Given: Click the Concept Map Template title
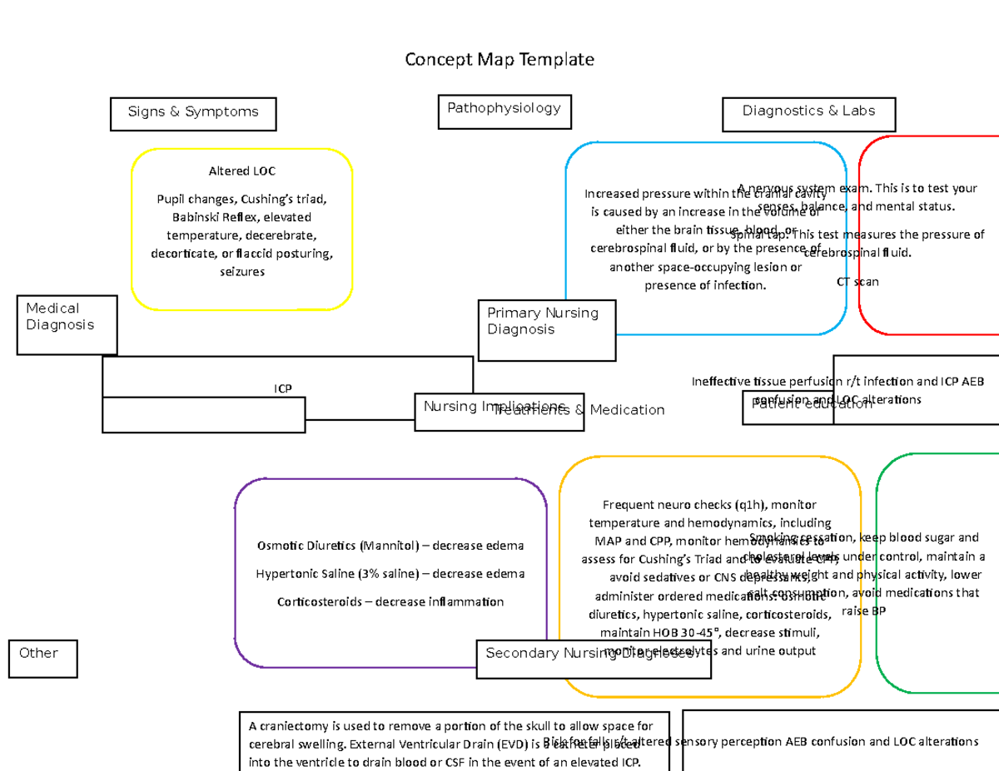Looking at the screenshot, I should (x=499, y=60).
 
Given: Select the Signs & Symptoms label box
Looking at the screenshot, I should (x=193, y=113).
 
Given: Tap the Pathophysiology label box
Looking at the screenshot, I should (x=504, y=110).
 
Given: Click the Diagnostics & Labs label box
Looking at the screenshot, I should (x=808, y=112).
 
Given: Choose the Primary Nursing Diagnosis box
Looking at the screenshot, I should (x=546, y=329).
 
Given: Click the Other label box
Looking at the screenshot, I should (x=42, y=658).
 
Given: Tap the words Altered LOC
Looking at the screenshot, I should (x=241, y=171).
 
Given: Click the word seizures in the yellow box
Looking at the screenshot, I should (x=241, y=272).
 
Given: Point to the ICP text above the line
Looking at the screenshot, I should (x=283, y=388).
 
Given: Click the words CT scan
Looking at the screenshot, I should (x=857, y=282).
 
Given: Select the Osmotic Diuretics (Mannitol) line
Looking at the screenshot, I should (x=390, y=546).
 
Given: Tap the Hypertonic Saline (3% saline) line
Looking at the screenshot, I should (x=390, y=574).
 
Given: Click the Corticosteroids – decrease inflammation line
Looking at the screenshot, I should (x=390, y=602).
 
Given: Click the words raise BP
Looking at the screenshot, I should (x=864, y=611).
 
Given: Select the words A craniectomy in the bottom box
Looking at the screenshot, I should (x=283, y=725).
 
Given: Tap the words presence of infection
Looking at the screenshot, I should (x=704, y=286).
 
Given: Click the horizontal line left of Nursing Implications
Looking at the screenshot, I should (x=360, y=420).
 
